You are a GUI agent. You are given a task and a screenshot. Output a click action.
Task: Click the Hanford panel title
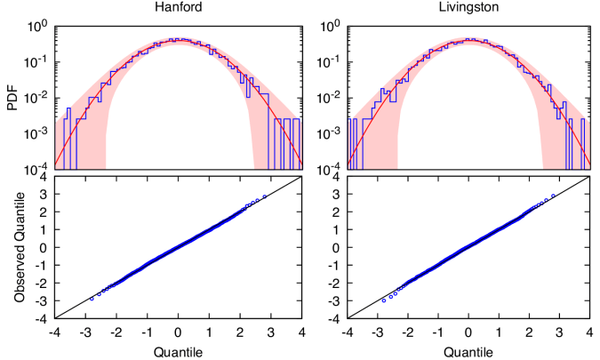coord(178,8)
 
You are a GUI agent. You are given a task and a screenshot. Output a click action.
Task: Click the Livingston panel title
coord(468,8)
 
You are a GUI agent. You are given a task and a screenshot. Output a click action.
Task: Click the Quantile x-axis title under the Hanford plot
coord(178,352)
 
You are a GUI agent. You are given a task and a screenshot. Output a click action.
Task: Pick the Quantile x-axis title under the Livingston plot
coord(468,352)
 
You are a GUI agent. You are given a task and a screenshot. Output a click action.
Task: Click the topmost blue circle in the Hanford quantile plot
coord(265,196)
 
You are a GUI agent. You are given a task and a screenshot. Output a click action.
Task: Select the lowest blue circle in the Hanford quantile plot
coord(92,299)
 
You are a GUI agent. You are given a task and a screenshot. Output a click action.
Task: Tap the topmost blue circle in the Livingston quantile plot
coord(554,196)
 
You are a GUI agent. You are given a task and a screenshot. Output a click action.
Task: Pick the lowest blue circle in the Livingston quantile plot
coord(383,300)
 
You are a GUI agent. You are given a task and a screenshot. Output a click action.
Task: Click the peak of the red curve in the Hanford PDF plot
coord(179,40)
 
